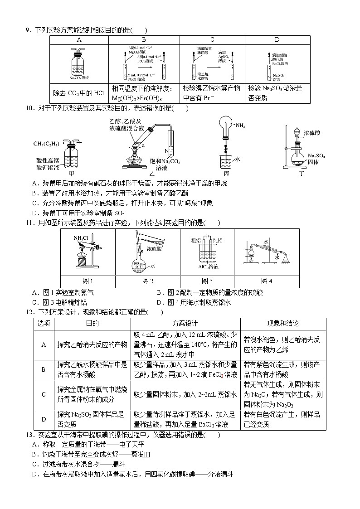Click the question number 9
[28, 30]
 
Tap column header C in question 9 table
[212, 40]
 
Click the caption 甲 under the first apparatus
[71, 173]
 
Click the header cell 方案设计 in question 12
[185, 324]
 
